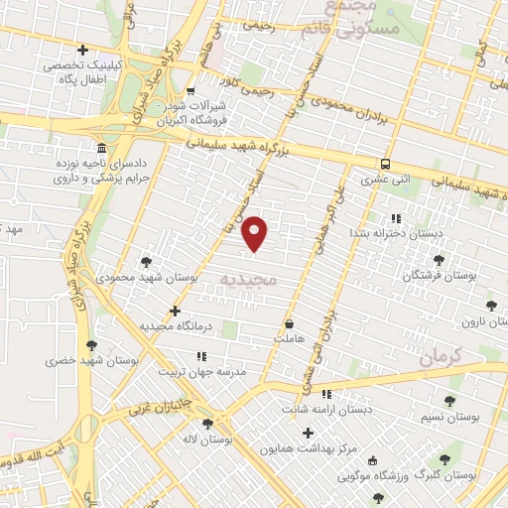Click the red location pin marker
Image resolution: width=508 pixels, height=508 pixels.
(x=255, y=232)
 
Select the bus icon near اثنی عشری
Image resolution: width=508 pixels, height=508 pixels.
(x=385, y=164)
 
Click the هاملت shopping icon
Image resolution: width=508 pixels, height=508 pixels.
(x=289, y=322)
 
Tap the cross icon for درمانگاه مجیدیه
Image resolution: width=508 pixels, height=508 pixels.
(x=175, y=311)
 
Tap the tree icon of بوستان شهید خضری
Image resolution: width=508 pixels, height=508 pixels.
(x=92, y=344)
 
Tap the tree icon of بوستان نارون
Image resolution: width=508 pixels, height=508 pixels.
(x=490, y=306)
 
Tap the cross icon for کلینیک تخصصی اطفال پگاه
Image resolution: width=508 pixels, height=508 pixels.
(x=82, y=50)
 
